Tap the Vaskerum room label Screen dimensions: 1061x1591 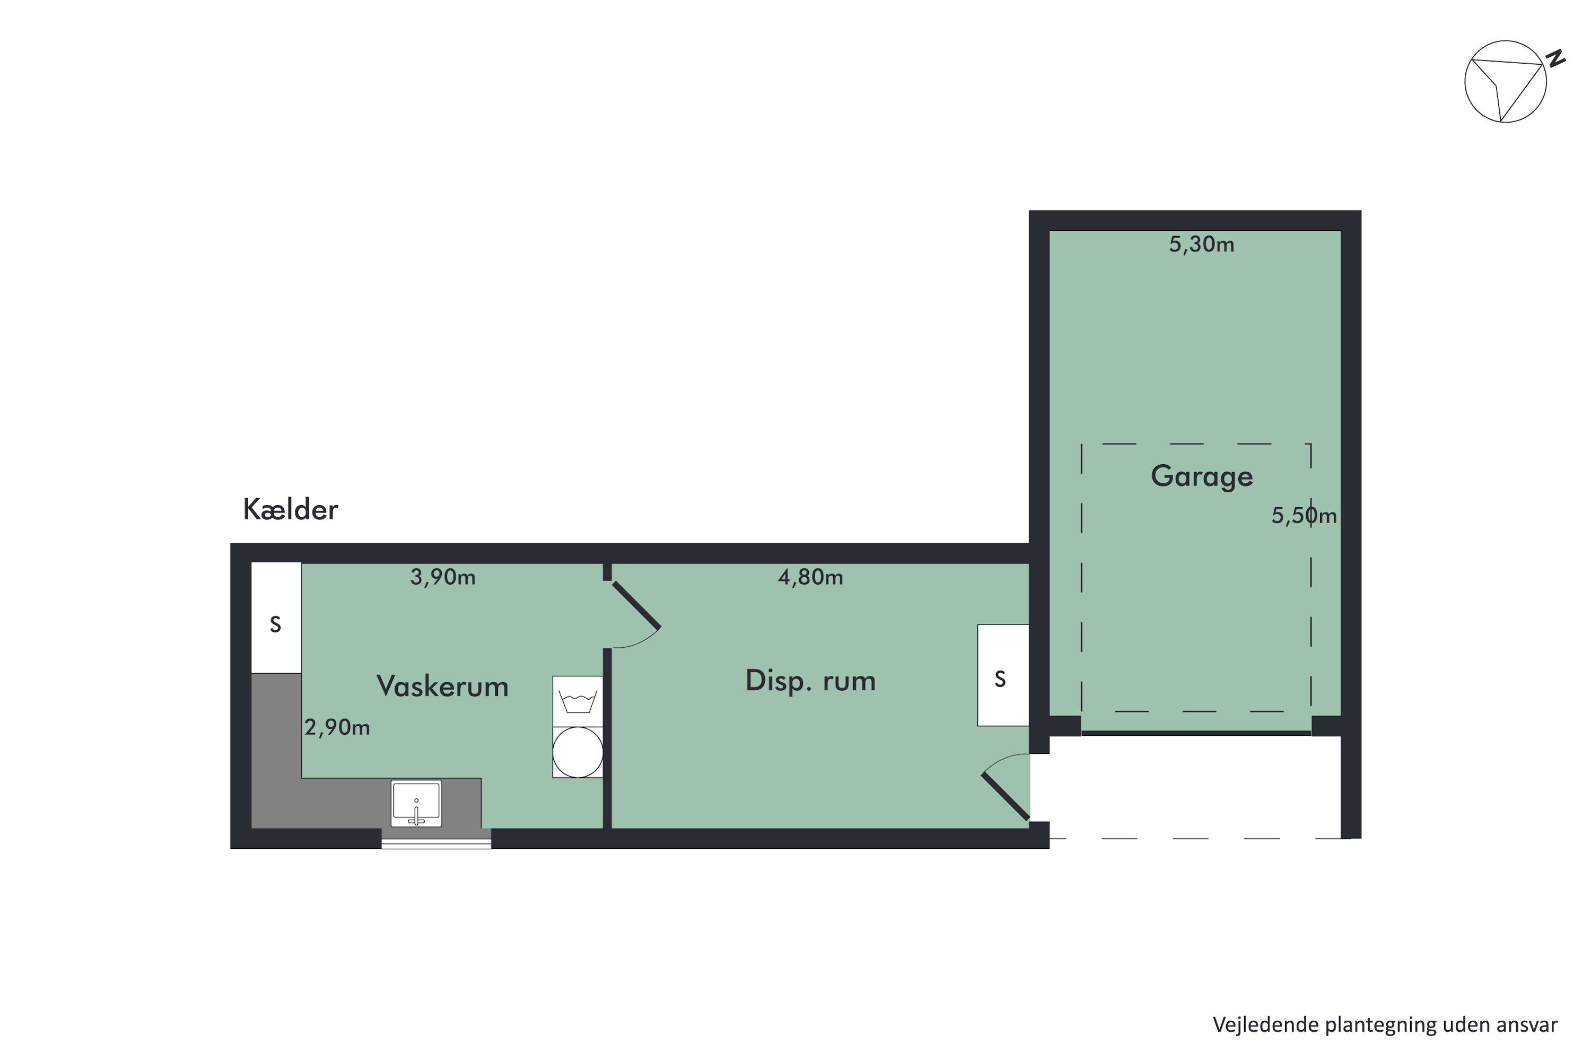[442, 686]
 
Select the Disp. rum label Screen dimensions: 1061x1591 [810, 680]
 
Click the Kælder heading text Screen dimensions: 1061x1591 [290, 509]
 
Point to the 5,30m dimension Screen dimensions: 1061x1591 [1201, 244]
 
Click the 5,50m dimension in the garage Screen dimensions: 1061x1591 [1304, 516]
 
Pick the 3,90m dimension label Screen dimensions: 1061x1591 [442, 577]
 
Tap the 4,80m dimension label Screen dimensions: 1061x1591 [810, 577]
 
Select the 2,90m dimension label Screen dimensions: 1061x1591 [337, 727]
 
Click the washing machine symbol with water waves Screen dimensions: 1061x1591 [577, 701]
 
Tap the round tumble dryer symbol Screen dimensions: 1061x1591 [577, 752]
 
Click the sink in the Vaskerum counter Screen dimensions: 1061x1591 [416, 804]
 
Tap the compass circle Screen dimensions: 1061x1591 [1505, 81]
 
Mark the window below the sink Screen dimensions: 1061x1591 [436, 843]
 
